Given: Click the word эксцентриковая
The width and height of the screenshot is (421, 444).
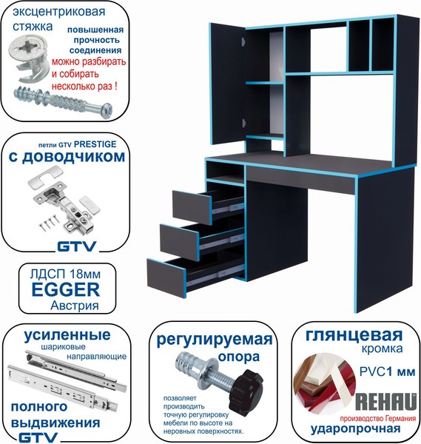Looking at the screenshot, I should (58, 13).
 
